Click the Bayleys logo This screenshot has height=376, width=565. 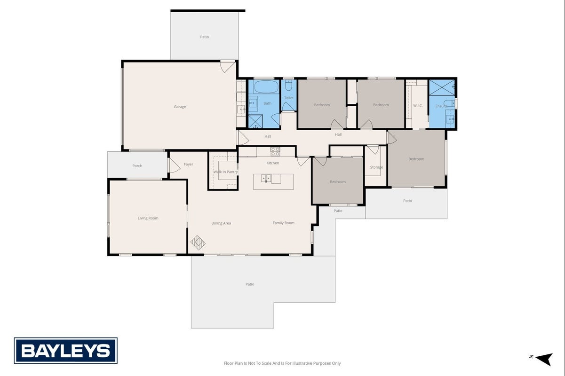[65, 351]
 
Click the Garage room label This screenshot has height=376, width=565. [180, 107]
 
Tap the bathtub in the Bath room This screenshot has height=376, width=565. [266, 86]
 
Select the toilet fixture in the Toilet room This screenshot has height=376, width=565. [288, 86]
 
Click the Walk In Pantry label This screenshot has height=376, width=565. [226, 172]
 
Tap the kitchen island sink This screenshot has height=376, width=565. [266, 179]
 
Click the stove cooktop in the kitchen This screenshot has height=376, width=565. [275, 151]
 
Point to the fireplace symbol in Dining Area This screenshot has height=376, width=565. [198, 243]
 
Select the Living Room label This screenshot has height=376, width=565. [148, 218]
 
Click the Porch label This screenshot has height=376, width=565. [137, 166]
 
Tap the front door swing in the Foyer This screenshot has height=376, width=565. [174, 165]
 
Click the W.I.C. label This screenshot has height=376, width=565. [418, 106]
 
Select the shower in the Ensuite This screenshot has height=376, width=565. [442, 88]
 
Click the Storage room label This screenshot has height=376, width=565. [376, 167]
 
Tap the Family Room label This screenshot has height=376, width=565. [284, 223]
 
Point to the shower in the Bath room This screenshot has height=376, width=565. [255, 122]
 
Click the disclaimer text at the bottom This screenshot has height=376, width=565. [282, 363]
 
